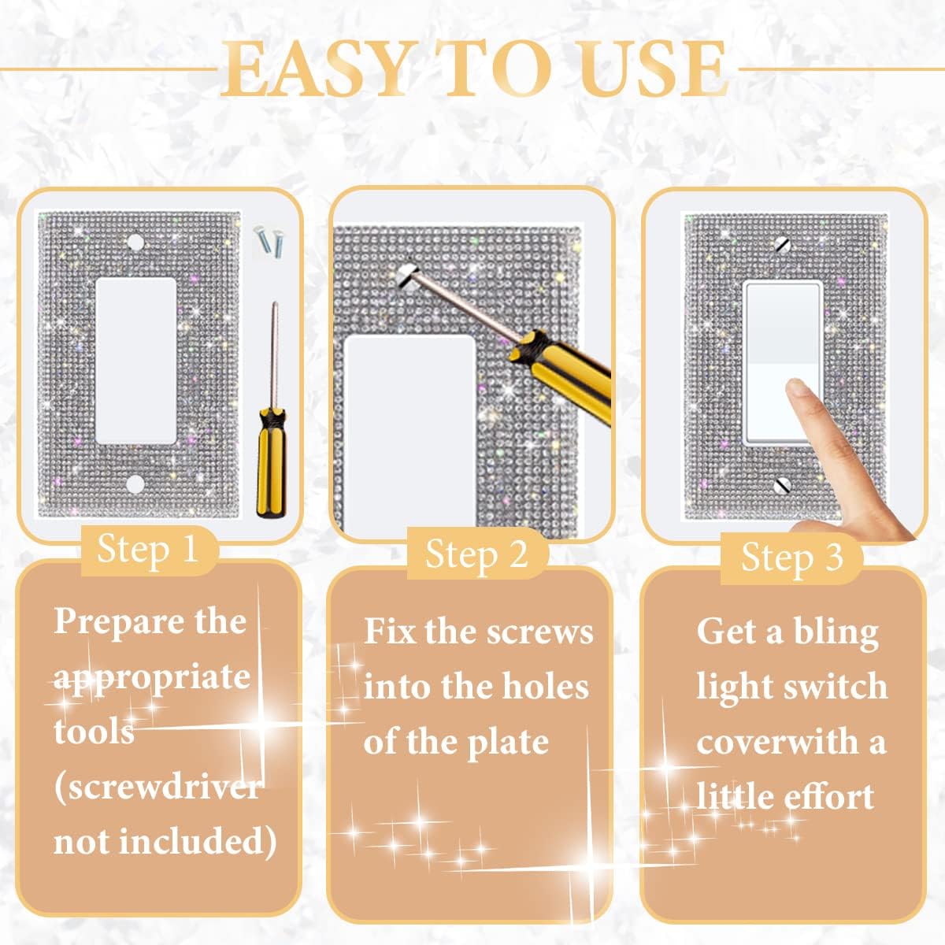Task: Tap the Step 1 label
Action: [147, 549]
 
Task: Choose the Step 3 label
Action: [791, 558]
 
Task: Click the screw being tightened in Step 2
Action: [407, 272]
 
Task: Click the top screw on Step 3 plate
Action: [782, 243]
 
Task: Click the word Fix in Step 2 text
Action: [389, 632]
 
